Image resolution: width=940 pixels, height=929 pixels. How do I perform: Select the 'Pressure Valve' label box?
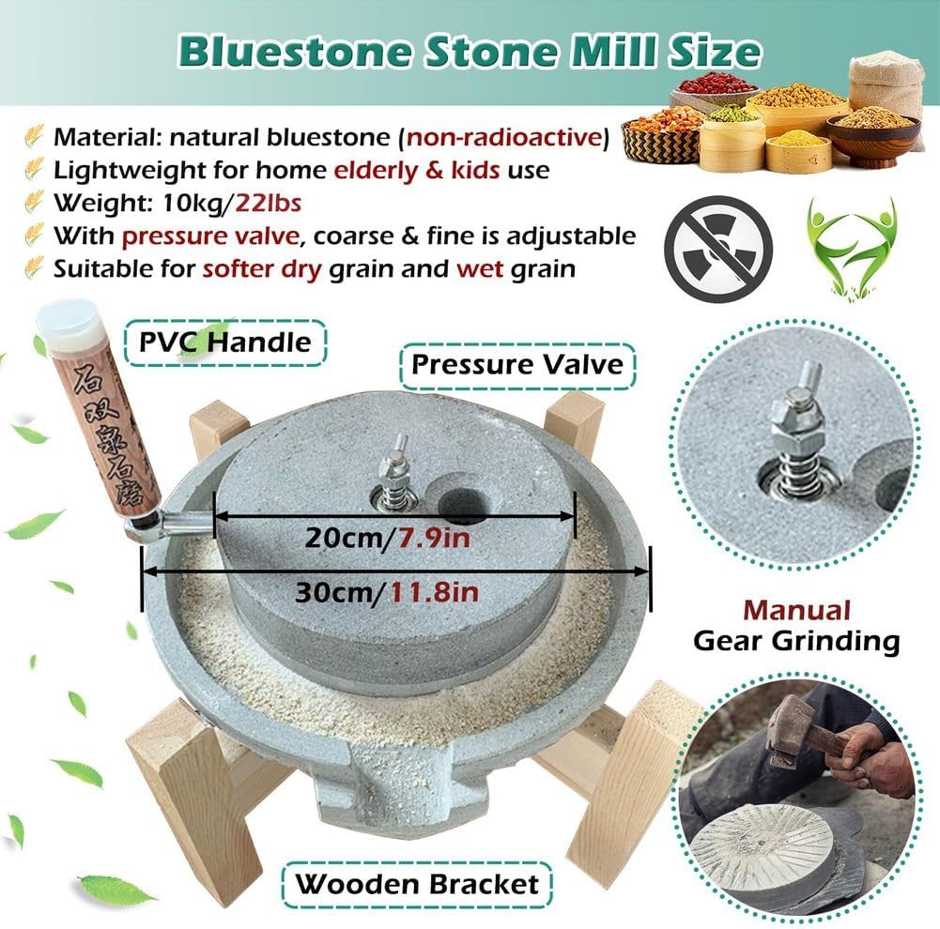pos(516,363)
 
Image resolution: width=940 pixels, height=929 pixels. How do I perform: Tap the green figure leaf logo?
pos(852,246)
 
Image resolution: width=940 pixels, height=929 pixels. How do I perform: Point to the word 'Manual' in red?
pos(796,610)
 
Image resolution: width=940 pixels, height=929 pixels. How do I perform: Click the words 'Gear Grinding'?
pos(796,642)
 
